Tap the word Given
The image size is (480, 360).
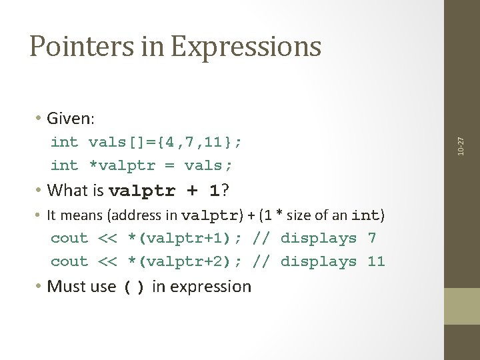pos(71,119)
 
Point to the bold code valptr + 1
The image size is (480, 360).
pos(164,191)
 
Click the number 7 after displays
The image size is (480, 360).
pos(371,239)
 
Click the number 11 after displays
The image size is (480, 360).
pos(376,262)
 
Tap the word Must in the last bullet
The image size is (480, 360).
pos(64,287)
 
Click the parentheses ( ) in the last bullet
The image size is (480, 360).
pos(134,288)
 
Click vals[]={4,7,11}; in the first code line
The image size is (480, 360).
pos(165,142)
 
